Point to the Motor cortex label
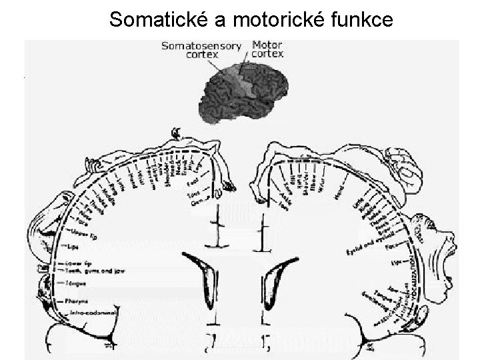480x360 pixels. (x=267, y=48)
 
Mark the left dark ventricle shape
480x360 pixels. (x=207, y=280)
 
